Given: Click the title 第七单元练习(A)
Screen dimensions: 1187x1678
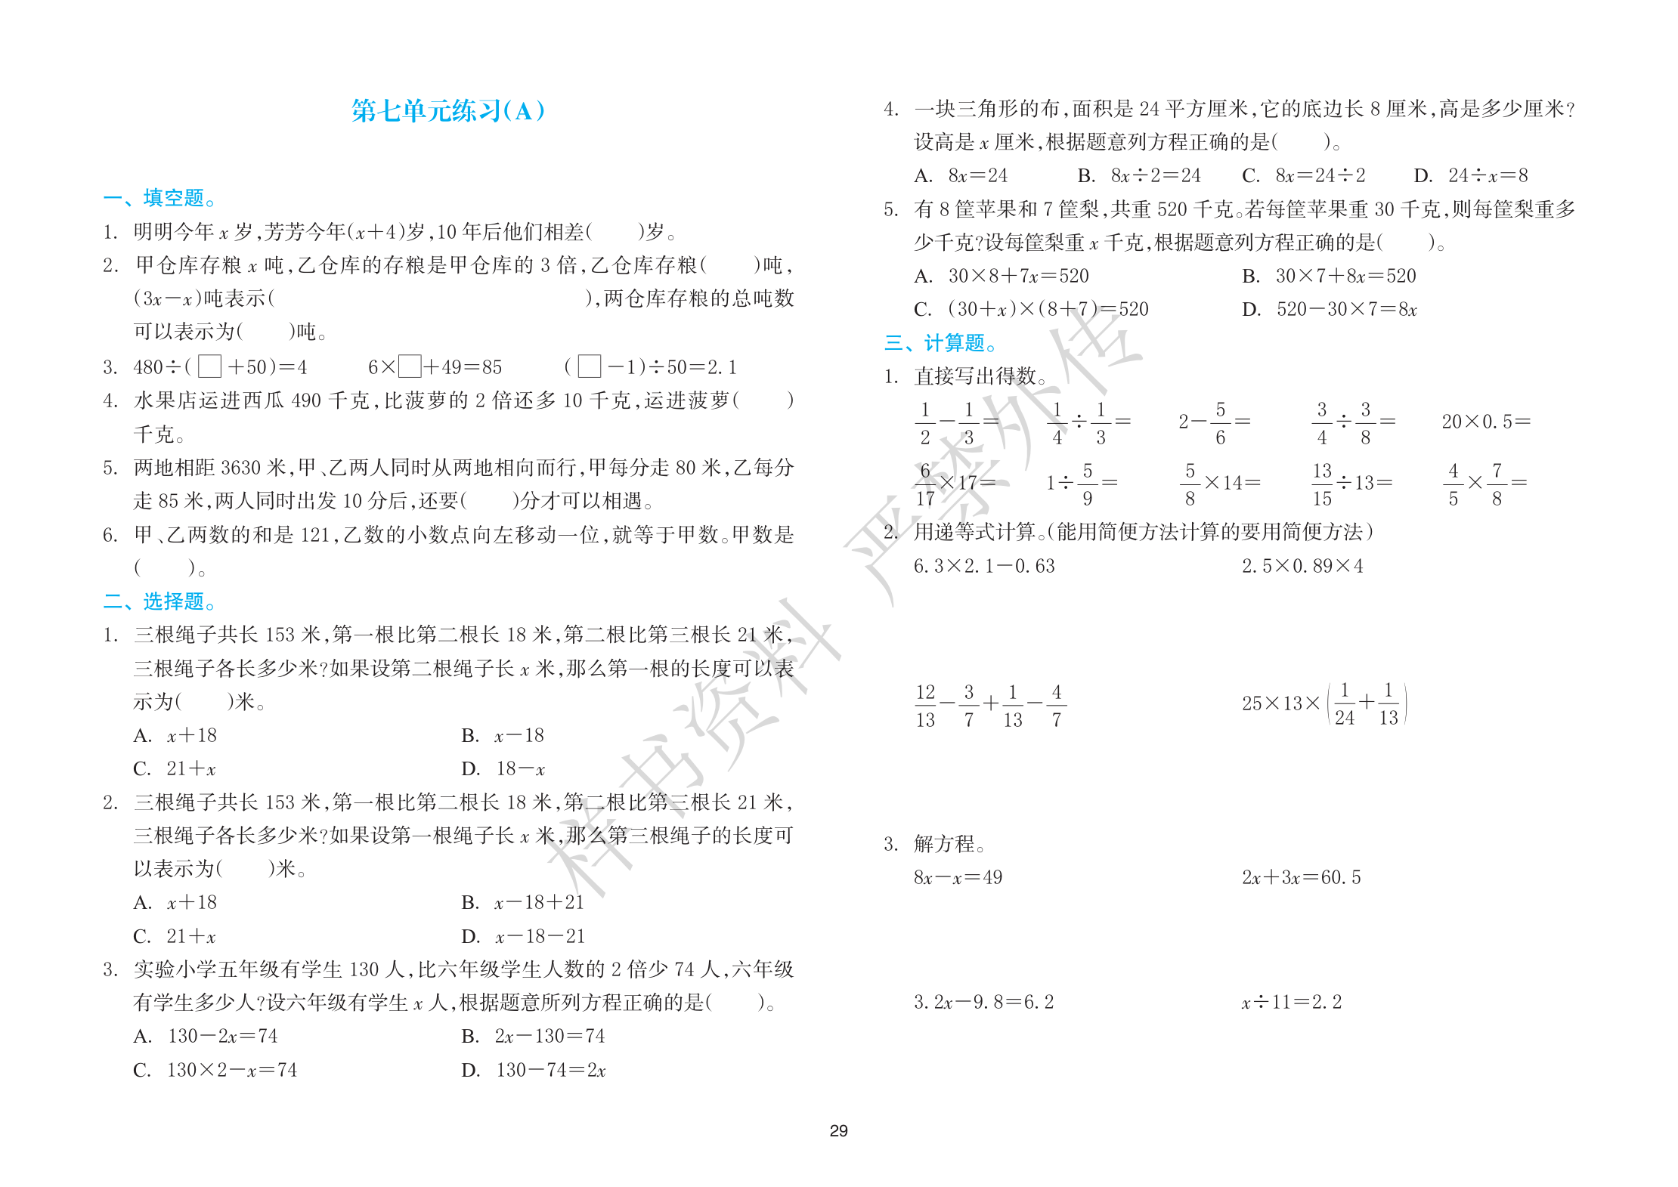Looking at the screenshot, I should click(447, 111).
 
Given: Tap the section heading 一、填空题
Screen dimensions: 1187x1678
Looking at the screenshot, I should click(159, 198).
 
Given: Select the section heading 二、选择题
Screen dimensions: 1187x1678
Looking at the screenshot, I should click(159, 601).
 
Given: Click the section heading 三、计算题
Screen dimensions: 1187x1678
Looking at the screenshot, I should click(940, 343).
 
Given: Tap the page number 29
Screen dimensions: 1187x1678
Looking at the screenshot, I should click(838, 1130).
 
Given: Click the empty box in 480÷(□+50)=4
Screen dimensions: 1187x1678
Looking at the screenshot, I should click(209, 366).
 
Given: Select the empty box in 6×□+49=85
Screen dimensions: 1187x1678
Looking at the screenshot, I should click(410, 366).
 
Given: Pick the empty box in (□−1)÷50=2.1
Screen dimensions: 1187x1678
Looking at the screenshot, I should click(589, 366).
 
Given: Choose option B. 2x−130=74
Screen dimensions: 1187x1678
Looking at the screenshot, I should click(533, 1036).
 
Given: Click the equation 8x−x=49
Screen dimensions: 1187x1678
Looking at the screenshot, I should click(958, 877).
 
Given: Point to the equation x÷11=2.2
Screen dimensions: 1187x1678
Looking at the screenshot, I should click(1291, 1003).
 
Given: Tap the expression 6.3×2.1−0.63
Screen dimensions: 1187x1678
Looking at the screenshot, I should click(983, 566).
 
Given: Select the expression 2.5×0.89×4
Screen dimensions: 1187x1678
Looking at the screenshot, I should click(1302, 566).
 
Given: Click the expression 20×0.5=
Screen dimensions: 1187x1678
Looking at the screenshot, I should click(1485, 422).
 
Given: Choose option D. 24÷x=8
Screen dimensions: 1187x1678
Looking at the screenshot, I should click(1470, 176).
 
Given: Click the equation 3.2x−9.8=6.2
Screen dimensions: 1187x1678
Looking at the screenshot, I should click(983, 1003).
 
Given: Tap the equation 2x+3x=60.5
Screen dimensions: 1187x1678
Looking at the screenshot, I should click(1301, 877).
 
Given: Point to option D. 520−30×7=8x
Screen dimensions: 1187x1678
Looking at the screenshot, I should click(1330, 309).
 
